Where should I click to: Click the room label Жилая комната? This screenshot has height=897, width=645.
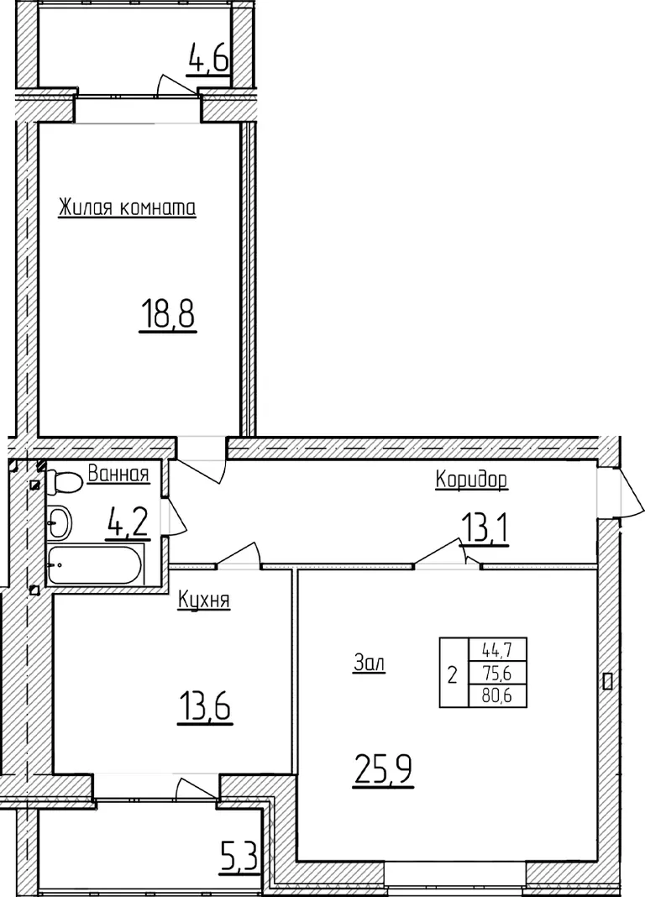point(128,207)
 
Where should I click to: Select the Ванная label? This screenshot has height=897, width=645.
point(118,474)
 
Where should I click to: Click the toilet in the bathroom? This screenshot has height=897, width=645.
point(64,482)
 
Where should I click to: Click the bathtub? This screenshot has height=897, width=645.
point(94,564)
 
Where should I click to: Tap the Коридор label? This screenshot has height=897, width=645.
point(471,480)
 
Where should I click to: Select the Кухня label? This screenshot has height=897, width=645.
point(204,600)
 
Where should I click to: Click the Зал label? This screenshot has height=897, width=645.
point(370,663)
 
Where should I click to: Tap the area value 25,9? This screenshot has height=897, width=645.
point(384,770)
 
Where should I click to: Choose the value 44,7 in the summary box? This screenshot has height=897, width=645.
point(497,649)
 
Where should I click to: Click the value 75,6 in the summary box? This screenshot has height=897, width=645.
point(497,674)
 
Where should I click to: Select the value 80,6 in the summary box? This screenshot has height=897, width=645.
point(497,695)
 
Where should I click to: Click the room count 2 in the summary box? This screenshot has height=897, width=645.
point(453,676)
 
